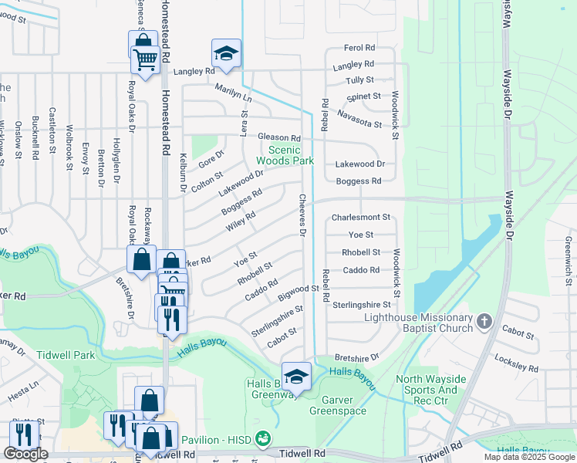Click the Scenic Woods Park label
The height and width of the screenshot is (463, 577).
click(x=291, y=155)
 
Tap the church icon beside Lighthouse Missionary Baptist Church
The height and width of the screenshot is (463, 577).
click(x=484, y=320)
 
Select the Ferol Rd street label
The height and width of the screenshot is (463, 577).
click(x=359, y=48)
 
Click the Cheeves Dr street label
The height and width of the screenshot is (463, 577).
click(x=303, y=215)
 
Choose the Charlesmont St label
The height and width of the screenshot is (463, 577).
click(x=361, y=218)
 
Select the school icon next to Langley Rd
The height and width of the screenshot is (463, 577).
click(x=226, y=52)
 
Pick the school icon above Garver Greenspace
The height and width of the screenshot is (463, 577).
click(x=296, y=377)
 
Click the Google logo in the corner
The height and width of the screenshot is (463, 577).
click(x=25, y=454)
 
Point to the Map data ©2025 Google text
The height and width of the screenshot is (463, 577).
click(x=529, y=457)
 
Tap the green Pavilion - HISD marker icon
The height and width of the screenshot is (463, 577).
click(x=264, y=438)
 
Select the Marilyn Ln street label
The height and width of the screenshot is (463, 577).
click(x=234, y=93)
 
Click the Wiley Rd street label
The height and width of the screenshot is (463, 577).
click(x=241, y=221)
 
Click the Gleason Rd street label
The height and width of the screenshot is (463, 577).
click(x=278, y=137)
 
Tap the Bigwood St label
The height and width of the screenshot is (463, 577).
click(x=299, y=290)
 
